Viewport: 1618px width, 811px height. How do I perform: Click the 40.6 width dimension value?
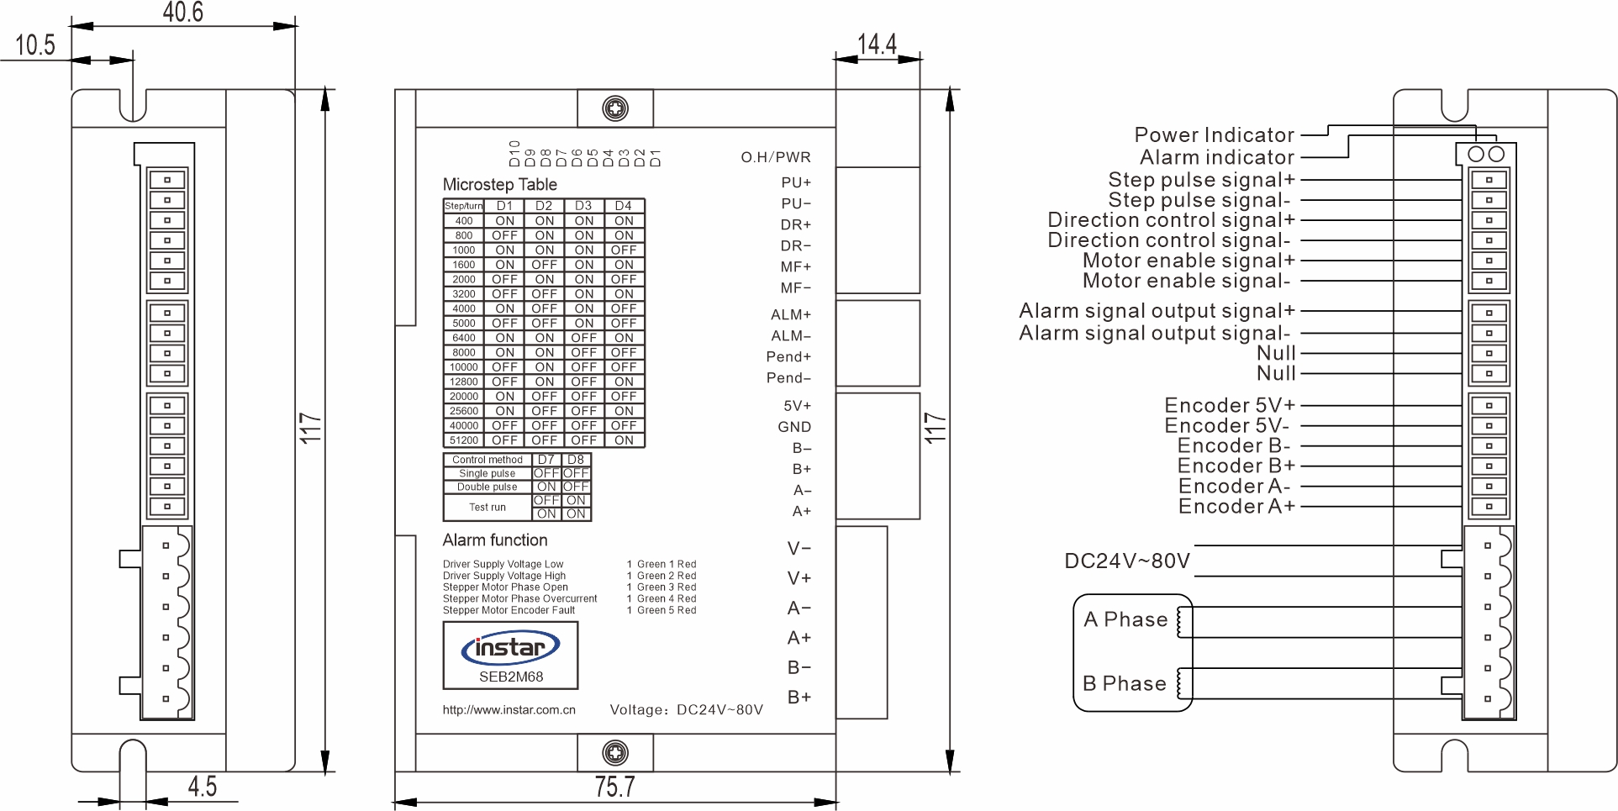click(183, 13)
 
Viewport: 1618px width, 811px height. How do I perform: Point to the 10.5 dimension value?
click(35, 45)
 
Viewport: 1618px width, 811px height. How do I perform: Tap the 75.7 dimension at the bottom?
click(614, 787)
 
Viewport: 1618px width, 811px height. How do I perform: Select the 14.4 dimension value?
click(877, 44)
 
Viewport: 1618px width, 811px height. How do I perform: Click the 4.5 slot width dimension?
click(202, 787)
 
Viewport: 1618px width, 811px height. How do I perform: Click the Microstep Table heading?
click(499, 185)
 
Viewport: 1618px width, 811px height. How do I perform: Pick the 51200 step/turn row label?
click(463, 440)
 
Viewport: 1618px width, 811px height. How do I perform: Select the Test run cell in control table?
click(488, 508)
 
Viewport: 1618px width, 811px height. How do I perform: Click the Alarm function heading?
click(495, 540)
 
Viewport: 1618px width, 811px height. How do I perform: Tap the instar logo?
click(510, 648)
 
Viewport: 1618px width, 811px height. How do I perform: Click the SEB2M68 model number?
click(511, 677)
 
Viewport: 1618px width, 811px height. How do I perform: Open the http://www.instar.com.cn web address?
click(509, 710)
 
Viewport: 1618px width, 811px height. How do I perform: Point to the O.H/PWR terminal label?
click(775, 158)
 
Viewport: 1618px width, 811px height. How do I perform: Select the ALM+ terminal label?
click(791, 315)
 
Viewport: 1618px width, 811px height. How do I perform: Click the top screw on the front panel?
click(616, 108)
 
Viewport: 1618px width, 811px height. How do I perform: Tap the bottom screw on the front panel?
click(616, 752)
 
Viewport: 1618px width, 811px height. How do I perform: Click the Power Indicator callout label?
click(1214, 135)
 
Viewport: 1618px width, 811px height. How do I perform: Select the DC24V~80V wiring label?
click(1127, 561)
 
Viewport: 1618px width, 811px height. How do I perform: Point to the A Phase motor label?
click(1125, 620)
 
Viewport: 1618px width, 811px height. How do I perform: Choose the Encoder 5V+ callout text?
click(1230, 406)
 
